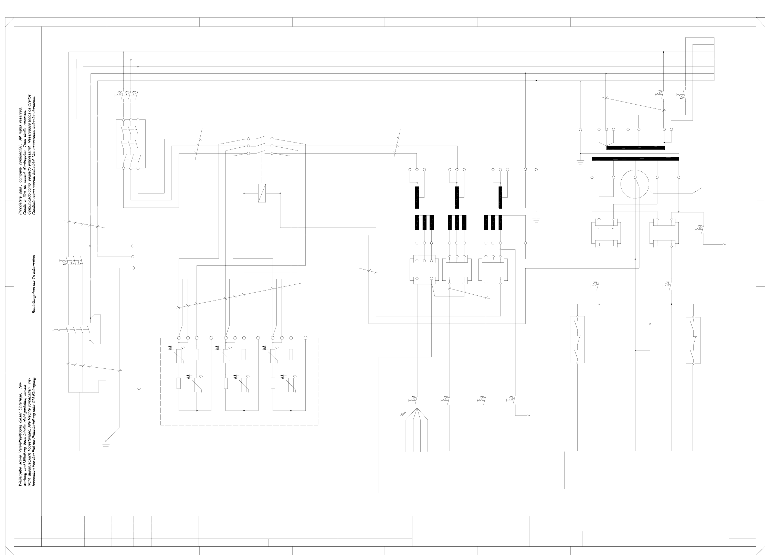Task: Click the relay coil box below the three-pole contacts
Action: pyautogui.click(x=262, y=193)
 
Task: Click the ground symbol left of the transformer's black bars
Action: pyautogui.click(x=580, y=162)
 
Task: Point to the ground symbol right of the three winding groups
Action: pyautogui.click(x=536, y=220)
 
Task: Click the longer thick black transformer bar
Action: pyautogui.click(x=635, y=159)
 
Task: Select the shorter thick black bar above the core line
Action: pyautogui.click(x=635, y=148)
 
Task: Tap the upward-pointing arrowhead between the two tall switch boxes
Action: pyautogui.click(x=650, y=324)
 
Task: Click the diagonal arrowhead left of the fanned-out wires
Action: pyautogui.click(x=400, y=415)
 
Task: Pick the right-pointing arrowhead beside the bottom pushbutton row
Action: pyautogui.click(x=528, y=416)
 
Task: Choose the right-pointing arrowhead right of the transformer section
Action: pyautogui.click(x=725, y=244)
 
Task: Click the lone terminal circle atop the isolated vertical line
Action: pyautogui.click(x=139, y=388)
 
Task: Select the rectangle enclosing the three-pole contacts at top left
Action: pyautogui.click(x=131, y=144)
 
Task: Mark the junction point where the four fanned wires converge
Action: pyautogui.click(x=417, y=409)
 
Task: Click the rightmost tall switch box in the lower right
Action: pyautogui.click(x=693, y=340)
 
